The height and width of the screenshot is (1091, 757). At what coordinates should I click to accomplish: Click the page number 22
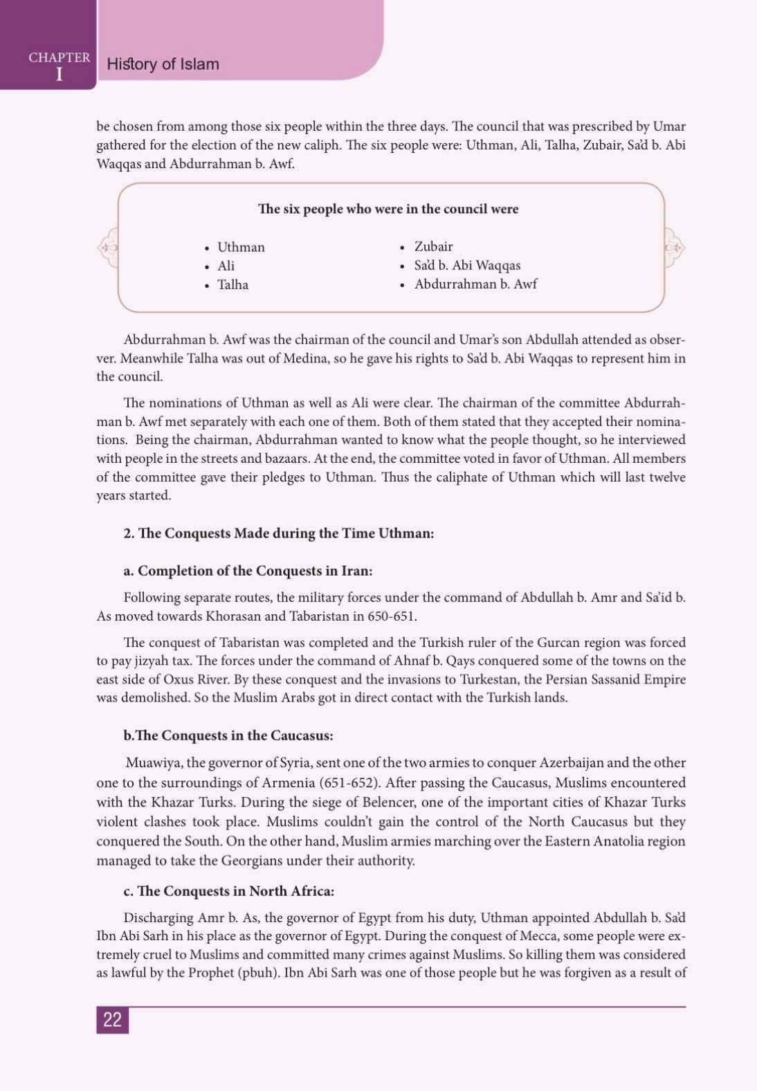pyautogui.click(x=112, y=1020)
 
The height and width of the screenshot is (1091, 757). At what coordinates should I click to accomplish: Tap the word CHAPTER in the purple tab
pyautogui.click(x=60, y=57)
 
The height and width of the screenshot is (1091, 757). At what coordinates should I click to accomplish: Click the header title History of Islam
pyautogui.click(x=163, y=64)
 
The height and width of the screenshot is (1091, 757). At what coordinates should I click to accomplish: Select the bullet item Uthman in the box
pyautogui.click(x=241, y=247)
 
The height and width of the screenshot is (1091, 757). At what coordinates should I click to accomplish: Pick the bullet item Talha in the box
pyautogui.click(x=232, y=284)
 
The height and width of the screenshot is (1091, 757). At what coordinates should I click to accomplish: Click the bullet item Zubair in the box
pyautogui.click(x=433, y=246)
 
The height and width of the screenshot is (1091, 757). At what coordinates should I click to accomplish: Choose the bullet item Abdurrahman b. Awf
pyautogui.click(x=475, y=284)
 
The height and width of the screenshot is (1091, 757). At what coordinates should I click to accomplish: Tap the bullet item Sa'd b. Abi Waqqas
pyautogui.click(x=467, y=265)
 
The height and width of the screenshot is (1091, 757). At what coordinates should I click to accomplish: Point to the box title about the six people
pyautogui.click(x=388, y=209)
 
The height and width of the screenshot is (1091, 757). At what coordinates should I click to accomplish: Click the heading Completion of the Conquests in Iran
pyautogui.click(x=248, y=571)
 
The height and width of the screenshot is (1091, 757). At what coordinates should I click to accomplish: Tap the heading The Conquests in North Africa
pyautogui.click(x=229, y=891)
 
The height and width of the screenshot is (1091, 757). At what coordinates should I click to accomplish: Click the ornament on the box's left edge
pyautogui.click(x=108, y=247)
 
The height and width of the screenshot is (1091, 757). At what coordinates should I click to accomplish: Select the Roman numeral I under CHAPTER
pyautogui.click(x=59, y=74)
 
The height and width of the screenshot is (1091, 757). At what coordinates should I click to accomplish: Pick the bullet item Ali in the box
pyautogui.click(x=226, y=266)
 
